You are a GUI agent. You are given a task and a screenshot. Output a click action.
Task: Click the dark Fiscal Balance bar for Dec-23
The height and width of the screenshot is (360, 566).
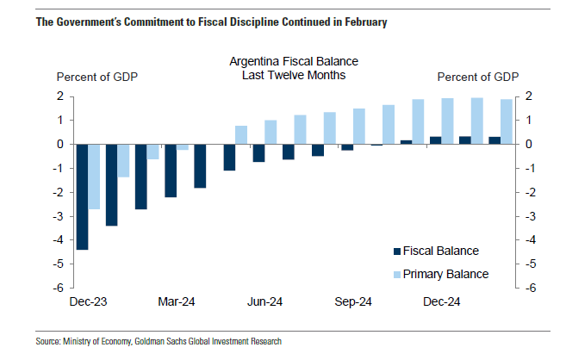click(82, 196)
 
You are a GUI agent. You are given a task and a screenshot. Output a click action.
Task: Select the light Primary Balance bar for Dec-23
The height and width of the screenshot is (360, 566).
click(95, 177)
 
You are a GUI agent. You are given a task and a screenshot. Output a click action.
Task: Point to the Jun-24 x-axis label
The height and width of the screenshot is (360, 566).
click(265, 302)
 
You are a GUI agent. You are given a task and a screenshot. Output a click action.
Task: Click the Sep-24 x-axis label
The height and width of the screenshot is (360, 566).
click(353, 302)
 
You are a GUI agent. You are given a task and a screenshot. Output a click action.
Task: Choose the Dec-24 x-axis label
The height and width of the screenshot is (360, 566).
click(441, 302)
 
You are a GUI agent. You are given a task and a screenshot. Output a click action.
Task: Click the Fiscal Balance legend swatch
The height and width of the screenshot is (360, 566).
click(397, 251)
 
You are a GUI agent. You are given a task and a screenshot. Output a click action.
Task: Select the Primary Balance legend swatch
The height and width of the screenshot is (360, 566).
click(397, 275)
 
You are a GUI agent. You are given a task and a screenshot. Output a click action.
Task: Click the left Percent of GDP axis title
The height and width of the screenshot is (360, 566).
click(97, 77)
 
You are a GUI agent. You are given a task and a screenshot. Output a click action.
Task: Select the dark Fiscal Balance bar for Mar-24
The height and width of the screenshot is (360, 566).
click(171, 171)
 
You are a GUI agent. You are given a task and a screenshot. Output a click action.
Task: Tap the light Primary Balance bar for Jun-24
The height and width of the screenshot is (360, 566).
click(271, 132)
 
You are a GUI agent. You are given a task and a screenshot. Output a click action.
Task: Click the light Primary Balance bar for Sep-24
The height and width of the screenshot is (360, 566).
click(359, 126)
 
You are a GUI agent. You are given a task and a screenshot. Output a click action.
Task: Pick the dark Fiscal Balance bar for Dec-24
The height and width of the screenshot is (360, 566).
click(436, 140)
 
